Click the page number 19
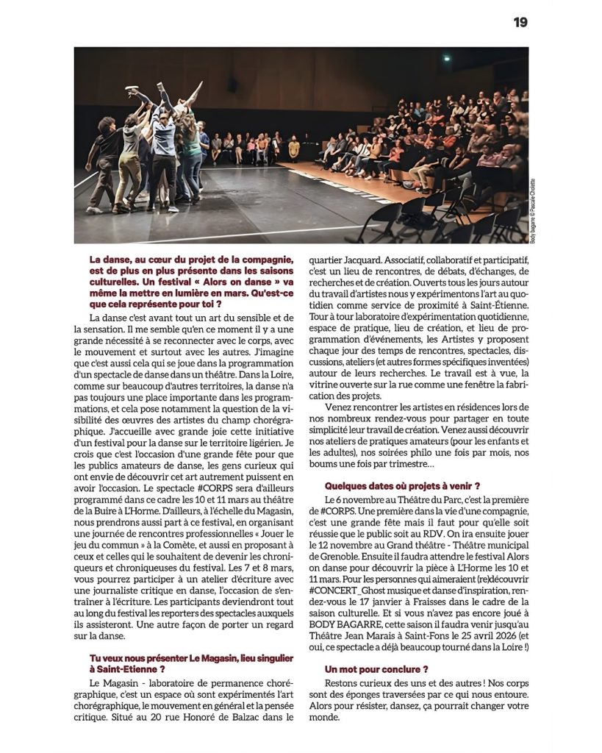520,22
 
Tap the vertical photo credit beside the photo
533,212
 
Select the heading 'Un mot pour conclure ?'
376,669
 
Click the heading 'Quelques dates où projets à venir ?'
402,485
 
